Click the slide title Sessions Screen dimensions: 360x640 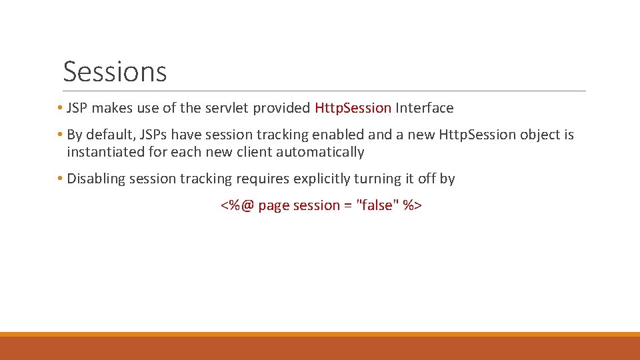(115, 71)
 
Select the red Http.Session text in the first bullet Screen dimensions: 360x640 (353, 108)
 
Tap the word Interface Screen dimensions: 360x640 (425, 108)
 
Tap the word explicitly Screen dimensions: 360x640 (323, 179)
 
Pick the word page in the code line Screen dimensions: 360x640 (273, 205)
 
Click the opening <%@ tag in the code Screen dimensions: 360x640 (237, 205)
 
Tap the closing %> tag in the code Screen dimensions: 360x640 (413, 205)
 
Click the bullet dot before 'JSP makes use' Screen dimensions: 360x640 (60, 108)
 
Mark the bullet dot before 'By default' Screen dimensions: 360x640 (60, 135)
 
